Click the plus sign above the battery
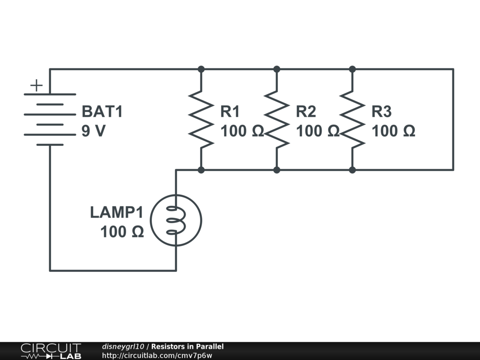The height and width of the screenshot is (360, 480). pos(37,85)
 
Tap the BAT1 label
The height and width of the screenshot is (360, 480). pos(102,112)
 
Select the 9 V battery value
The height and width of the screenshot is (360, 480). pos(93,131)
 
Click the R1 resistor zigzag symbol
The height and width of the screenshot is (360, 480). pos(201,120)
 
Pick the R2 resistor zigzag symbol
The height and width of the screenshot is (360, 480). pos(277,120)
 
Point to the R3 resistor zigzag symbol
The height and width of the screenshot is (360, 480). pos(352,120)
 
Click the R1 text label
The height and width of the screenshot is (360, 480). pos(230,112)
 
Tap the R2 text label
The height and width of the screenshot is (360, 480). pos(306,112)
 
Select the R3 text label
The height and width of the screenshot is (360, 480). pos(382,112)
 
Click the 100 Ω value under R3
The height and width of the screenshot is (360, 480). pos(393,131)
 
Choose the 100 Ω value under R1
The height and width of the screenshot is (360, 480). pos(242,131)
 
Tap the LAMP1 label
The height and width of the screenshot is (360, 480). pos(117,212)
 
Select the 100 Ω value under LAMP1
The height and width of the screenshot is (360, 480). pos(122,232)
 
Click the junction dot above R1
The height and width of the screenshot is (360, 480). pos(201,69)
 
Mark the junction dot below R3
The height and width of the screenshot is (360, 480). pos(352,170)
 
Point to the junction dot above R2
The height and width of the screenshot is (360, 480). pos(277,69)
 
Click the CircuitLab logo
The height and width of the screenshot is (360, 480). pos(51,351)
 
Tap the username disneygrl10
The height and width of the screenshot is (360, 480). pos(123,346)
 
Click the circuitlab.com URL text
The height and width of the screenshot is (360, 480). pos(157,355)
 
